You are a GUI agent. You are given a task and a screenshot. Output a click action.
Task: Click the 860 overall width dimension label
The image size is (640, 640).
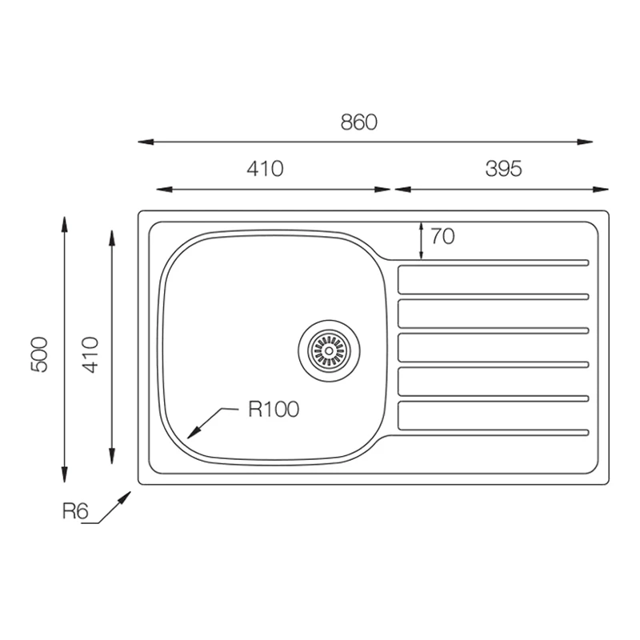[358, 122]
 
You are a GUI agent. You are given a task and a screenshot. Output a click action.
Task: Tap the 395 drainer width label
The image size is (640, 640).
[503, 169]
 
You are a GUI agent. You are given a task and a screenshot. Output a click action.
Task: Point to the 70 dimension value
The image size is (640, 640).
[443, 236]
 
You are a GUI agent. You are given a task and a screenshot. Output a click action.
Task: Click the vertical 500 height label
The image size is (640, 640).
[39, 354]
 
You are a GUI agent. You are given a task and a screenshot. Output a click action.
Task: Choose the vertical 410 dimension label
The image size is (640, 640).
[90, 354]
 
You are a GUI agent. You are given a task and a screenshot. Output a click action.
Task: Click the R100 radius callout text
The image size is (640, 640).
[274, 410]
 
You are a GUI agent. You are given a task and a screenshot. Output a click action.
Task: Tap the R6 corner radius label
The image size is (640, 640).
[75, 510]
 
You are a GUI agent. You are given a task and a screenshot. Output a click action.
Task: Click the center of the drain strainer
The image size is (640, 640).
[329, 351]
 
